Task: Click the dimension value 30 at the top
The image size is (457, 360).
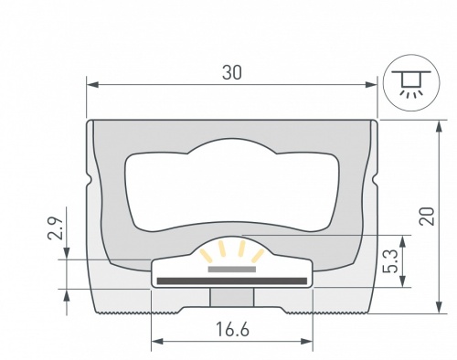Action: coord(232,73)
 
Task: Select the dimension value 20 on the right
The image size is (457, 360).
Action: coord(426,216)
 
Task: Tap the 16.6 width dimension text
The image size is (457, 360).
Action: coord(232,330)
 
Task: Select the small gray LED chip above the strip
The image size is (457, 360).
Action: coord(232,270)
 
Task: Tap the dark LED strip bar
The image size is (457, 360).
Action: coord(232,280)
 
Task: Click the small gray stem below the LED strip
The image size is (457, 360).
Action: coord(232,298)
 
